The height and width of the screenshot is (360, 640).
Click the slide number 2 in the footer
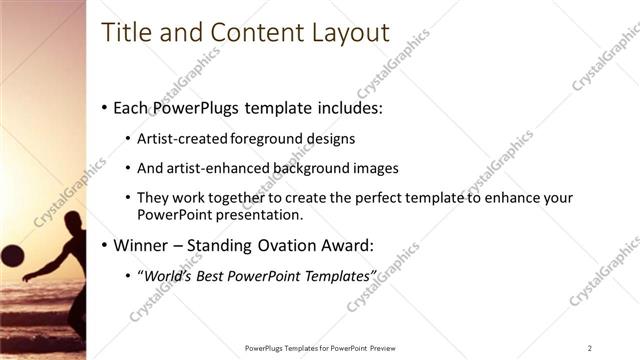point(590,348)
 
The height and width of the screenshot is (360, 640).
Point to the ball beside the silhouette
point(11,255)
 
